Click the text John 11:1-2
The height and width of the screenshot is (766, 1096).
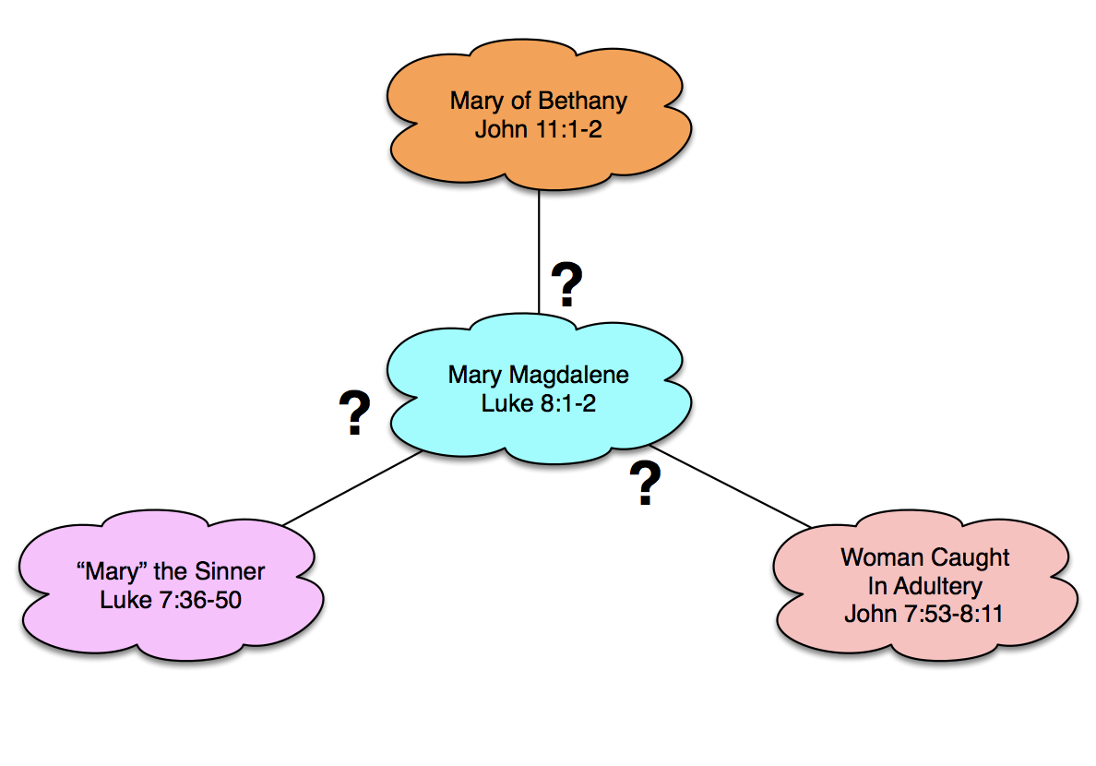[539, 128]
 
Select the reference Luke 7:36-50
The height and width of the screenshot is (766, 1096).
[171, 599]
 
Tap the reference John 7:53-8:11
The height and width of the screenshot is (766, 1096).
[923, 613]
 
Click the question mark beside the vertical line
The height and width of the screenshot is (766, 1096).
[566, 285]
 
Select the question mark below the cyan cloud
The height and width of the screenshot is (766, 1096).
[646, 485]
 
